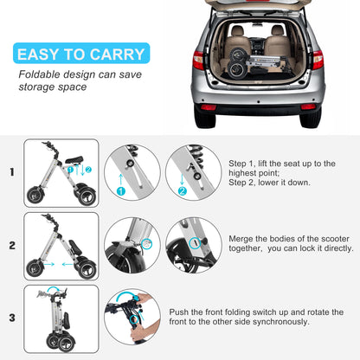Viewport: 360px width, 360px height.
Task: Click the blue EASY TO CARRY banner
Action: [x=81, y=54]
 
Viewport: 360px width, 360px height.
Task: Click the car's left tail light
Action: [x=198, y=61]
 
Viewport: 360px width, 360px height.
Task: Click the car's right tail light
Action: [x=318, y=60]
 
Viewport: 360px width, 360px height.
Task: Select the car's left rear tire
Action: [x=205, y=118]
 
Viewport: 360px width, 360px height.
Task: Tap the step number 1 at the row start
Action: [x=12, y=172]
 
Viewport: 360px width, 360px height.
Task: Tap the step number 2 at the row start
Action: [x=12, y=246]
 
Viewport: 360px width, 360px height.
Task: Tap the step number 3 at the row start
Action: [x=12, y=318]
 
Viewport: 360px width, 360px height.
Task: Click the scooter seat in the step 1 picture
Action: [x=74, y=159]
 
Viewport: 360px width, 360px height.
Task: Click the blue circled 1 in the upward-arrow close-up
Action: [x=121, y=191]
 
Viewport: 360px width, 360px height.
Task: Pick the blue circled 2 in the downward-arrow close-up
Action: [x=183, y=191]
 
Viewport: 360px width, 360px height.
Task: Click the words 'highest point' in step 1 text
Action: [x=254, y=173]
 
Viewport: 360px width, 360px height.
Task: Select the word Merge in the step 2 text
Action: [x=241, y=239]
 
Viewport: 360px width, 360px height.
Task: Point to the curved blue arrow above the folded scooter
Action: [x=54, y=288]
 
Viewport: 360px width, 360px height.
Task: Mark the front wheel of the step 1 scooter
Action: [x=35, y=196]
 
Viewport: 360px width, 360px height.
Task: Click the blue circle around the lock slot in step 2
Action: [x=195, y=243]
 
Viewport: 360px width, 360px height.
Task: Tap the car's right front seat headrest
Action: [x=278, y=30]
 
